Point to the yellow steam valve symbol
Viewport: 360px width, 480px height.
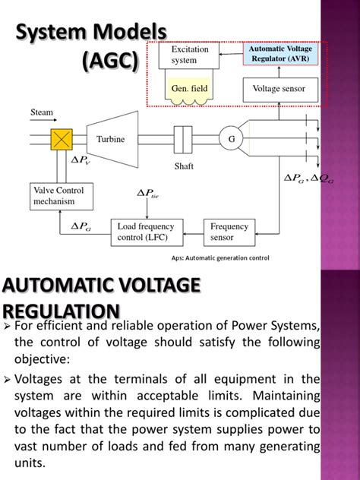(x=62, y=139)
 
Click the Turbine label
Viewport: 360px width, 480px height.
(x=110, y=140)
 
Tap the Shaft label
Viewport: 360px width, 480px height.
(x=175, y=165)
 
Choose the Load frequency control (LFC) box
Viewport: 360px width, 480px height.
(x=147, y=231)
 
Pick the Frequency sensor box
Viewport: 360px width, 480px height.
(x=229, y=231)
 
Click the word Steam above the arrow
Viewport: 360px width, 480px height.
(x=42, y=112)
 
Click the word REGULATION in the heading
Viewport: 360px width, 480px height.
(x=61, y=312)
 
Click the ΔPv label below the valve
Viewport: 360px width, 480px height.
(x=81, y=161)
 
